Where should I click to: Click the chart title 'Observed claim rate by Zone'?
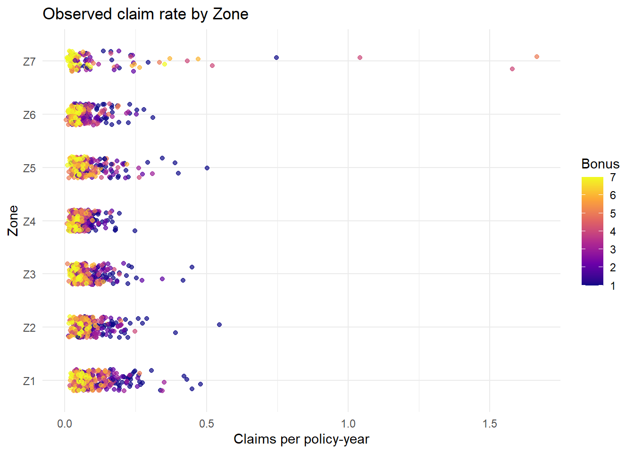coord(145,14)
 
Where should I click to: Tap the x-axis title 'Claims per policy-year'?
coord(301,439)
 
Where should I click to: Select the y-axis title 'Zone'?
coord(13,220)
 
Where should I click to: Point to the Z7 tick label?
coord(29,61)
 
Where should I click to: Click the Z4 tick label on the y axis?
coord(29,221)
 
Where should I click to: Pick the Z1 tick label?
coord(29,381)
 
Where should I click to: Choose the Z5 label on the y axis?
coord(29,168)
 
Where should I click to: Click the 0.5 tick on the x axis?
coord(206,423)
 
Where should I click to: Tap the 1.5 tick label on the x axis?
coord(490,423)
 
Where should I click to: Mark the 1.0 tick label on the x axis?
coord(348,423)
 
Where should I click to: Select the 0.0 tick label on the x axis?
coord(65,423)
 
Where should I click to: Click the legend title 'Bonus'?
coord(600,164)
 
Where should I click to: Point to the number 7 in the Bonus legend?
coord(613,177)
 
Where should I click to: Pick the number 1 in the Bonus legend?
coord(613,285)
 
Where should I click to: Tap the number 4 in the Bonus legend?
coord(613,231)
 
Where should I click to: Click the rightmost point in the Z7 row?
coord(537,57)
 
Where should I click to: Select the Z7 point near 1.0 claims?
coord(360,58)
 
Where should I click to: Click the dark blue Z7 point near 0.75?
coord(276,58)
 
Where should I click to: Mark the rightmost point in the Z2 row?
coord(219,325)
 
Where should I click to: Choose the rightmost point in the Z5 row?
coord(207,168)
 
